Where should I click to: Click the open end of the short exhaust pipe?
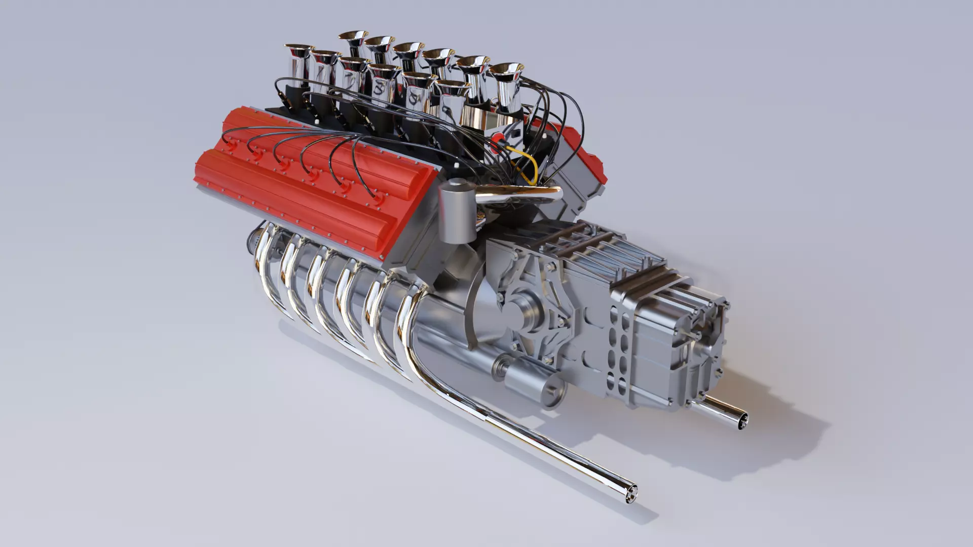coord(741,422)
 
